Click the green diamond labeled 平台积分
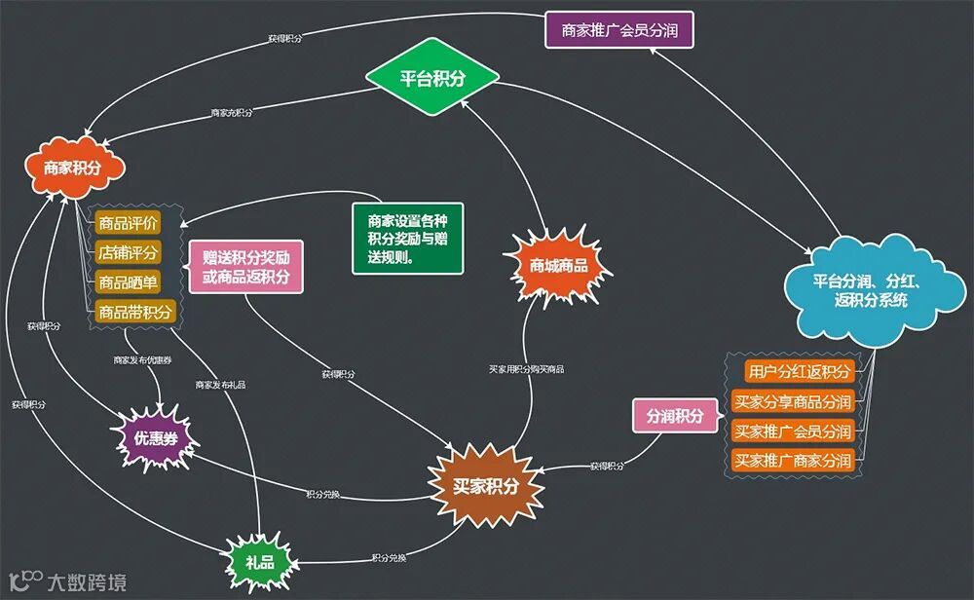tap(432, 79)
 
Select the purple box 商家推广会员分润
tap(619, 30)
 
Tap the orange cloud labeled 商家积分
tap(73, 168)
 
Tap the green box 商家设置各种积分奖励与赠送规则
tap(408, 239)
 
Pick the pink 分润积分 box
tap(675, 416)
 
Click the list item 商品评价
tap(129, 223)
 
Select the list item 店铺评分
tap(129, 252)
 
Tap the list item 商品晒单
tap(129, 282)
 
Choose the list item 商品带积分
tap(135, 312)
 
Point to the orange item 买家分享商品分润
tap(792, 401)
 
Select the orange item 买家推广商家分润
tap(792, 460)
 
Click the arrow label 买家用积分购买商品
tap(526, 370)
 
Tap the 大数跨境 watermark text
tap(88, 582)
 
